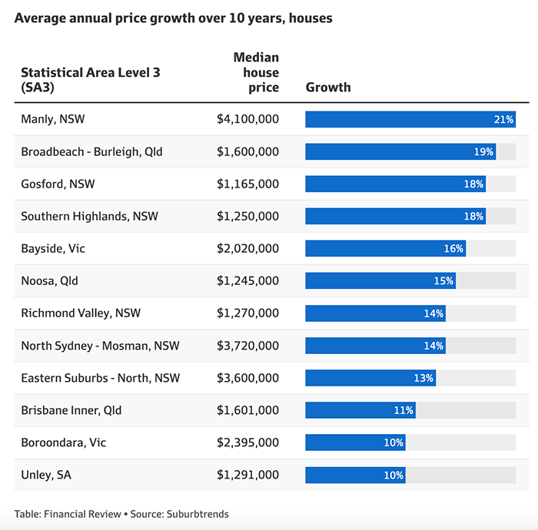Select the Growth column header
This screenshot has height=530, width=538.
click(x=328, y=88)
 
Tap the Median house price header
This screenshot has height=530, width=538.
click(x=256, y=73)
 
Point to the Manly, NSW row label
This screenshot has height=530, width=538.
click(x=58, y=119)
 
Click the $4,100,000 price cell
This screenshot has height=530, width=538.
click(x=247, y=119)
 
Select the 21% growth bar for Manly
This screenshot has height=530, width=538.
click(x=410, y=119)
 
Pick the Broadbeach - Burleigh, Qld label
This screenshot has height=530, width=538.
click(x=91, y=152)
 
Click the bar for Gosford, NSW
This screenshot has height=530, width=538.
click(x=395, y=184)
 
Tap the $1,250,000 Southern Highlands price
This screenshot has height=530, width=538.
click(x=247, y=217)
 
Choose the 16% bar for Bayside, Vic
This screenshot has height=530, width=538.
click(x=385, y=249)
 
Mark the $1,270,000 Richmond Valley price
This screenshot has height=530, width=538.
click(x=247, y=313)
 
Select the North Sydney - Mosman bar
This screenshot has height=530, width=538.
click(x=375, y=346)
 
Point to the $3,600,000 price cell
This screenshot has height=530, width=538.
click(x=247, y=378)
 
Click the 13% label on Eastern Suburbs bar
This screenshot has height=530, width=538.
click(x=424, y=378)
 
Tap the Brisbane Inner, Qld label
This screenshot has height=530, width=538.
click(x=71, y=410)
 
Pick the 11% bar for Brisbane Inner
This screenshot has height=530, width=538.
click(x=360, y=410)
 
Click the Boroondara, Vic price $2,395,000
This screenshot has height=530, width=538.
click(x=247, y=442)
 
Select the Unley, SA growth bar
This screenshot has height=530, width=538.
click(x=355, y=475)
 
